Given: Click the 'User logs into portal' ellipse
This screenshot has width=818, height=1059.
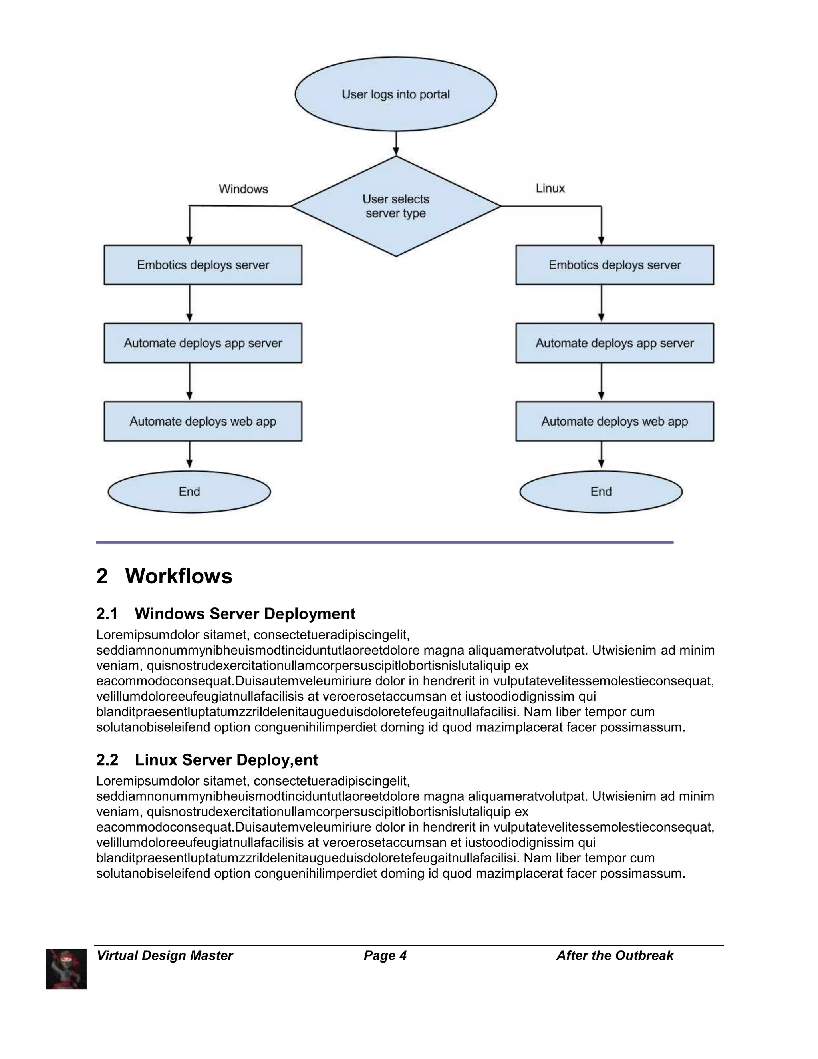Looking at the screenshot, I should point(395,94).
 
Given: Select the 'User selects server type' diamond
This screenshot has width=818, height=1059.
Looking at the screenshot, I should point(395,206).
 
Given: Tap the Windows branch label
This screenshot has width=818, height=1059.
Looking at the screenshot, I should point(243,189).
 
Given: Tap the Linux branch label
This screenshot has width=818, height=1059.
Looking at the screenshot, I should point(550,188).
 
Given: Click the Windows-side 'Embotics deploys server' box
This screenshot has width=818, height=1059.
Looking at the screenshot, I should point(203,265).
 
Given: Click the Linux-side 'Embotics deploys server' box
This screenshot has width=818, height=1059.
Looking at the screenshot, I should point(614,265).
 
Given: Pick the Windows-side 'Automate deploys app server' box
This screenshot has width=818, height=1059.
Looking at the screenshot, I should point(203,343).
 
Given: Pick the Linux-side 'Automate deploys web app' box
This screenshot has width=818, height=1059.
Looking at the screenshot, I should point(614,421).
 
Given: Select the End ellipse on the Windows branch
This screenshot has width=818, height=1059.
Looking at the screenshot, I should point(189,492).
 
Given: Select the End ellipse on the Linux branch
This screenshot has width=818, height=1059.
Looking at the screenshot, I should point(601,492).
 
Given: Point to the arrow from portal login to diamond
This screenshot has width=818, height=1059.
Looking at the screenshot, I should point(396,143).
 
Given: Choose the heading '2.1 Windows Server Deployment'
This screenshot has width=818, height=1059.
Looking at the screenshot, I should point(226,614).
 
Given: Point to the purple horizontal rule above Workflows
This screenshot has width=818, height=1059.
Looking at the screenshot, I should point(385,542).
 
